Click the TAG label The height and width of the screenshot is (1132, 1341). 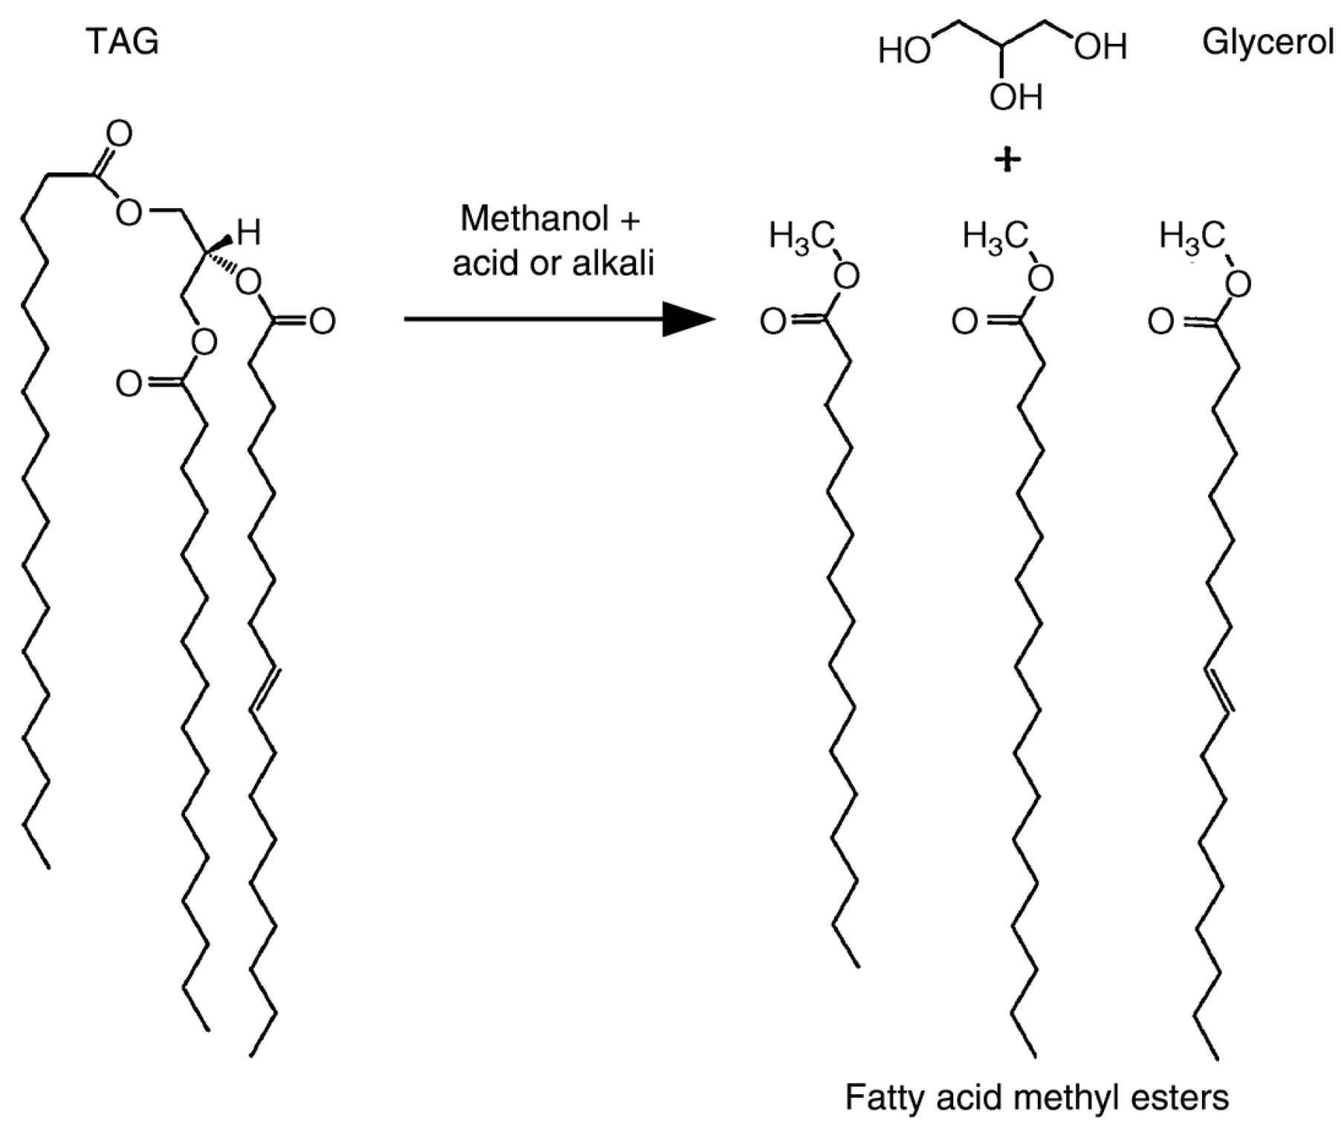pyautogui.click(x=123, y=42)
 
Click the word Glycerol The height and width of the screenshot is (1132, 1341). pyautogui.click(x=1267, y=42)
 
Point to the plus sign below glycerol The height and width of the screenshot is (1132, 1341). pyautogui.click(x=1007, y=160)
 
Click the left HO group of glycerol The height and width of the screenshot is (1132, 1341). pyautogui.click(x=903, y=51)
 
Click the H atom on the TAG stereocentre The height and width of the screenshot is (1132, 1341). pyautogui.click(x=249, y=233)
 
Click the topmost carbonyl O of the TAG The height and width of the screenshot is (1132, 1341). pyautogui.click(x=118, y=135)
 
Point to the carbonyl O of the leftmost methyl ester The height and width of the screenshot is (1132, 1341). pyautogui.click(x=773, y=322)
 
